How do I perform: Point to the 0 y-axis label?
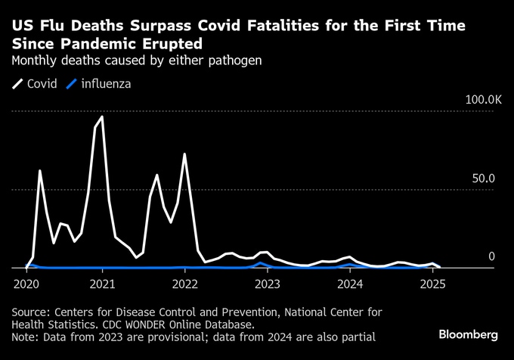tap(491, 257)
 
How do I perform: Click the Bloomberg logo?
tap(469, 334)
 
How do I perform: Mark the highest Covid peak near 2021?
tap(102, 117)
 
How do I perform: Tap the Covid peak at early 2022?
tap(184, 154)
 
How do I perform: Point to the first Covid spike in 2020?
tap(39, 171)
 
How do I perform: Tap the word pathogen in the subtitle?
tap(235, 60)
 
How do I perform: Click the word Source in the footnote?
tap(30, 311)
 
